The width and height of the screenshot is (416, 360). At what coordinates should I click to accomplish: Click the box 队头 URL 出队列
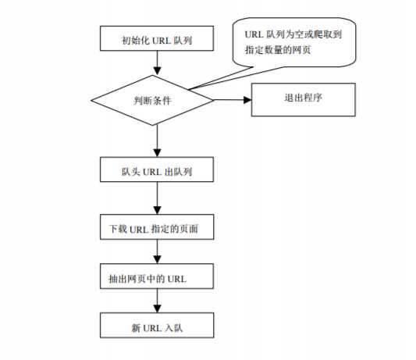pos(157,169)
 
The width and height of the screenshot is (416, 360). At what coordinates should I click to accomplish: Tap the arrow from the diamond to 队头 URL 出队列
pos(158,141)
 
